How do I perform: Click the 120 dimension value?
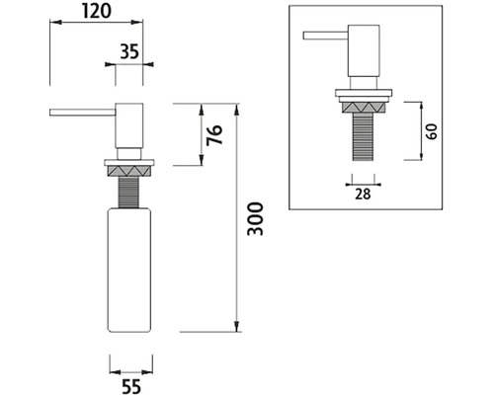97,11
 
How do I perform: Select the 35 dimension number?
129,51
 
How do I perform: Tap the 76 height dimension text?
214,135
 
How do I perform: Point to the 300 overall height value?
256,219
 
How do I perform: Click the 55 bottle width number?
131,386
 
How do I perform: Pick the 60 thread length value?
432,131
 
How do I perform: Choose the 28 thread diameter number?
363,195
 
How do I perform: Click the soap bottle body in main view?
129,270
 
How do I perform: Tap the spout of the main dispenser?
82,113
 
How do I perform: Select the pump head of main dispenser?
129,125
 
